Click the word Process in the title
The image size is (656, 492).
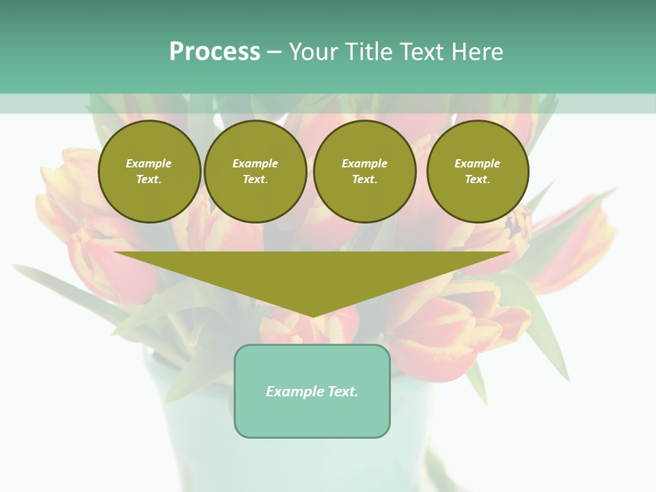215,52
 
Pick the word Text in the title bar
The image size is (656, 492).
421,52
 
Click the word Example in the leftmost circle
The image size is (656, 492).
149,163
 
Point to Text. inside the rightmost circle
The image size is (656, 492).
478,180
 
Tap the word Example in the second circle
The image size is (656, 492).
256,163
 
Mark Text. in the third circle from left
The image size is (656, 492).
365,180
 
